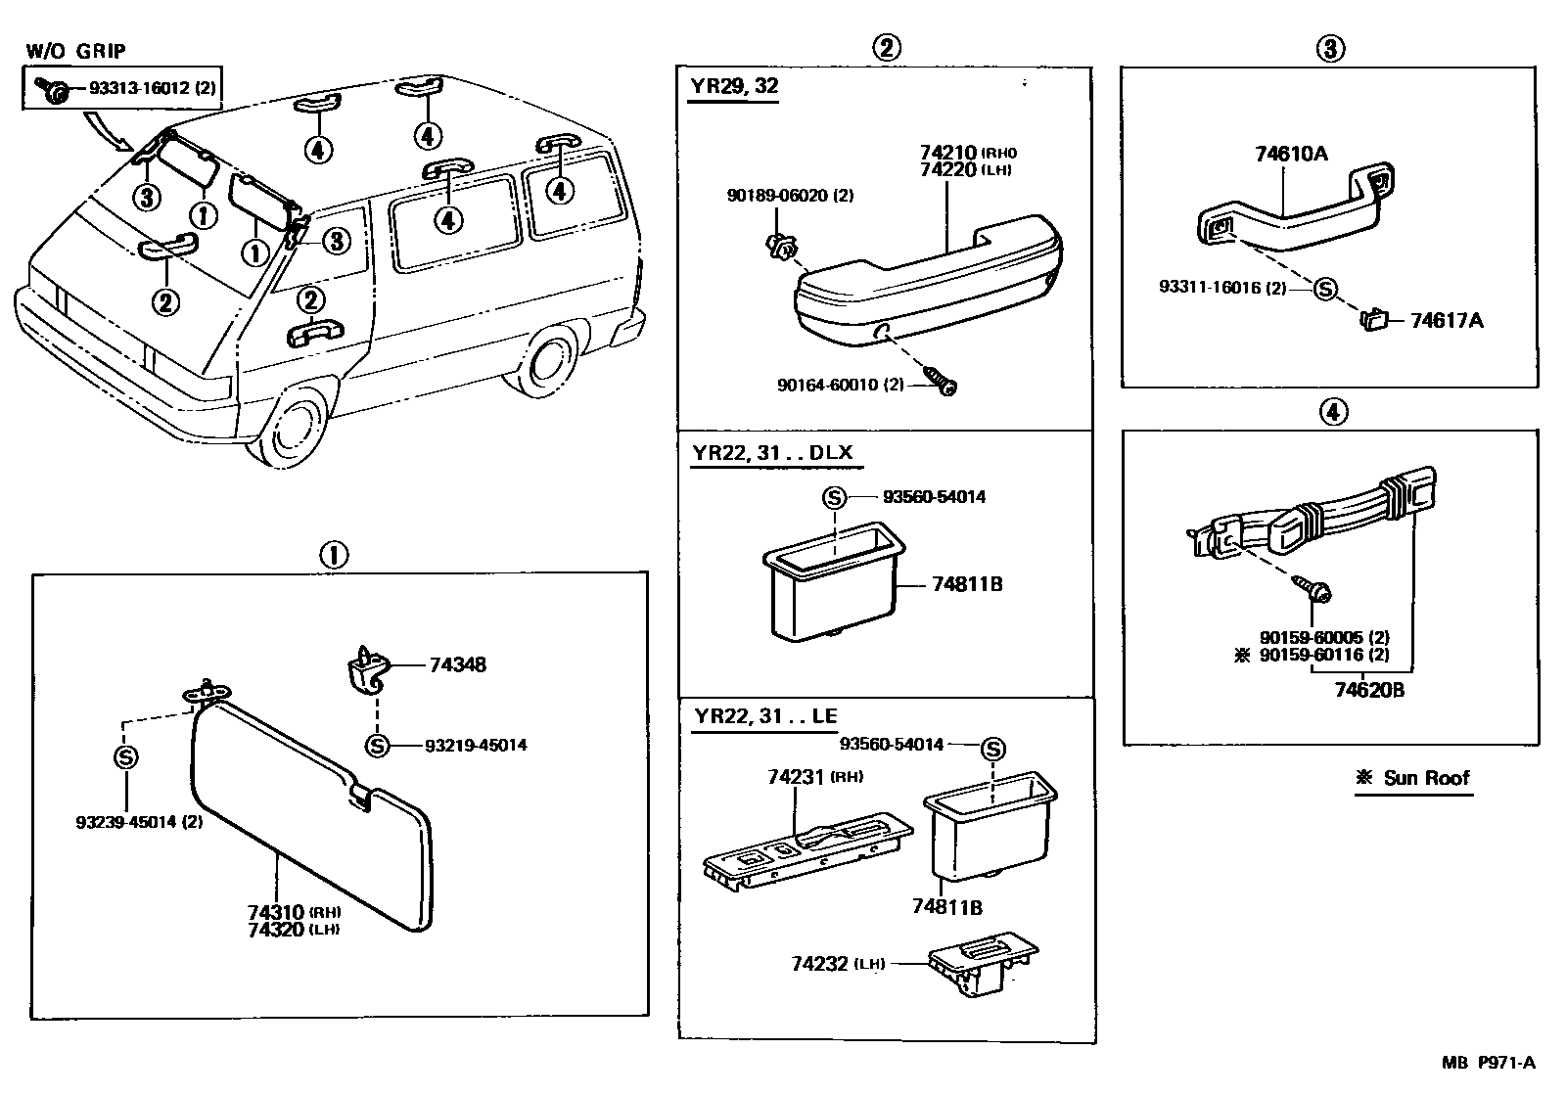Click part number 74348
click(x=457, y=665)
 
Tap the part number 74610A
click(x=1291, y=154)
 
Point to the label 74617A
click(x=1446, y=320)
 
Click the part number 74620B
click(x=1369, y=690)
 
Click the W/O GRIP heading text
click(x=75, y=51)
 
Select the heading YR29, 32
click(x=734, y=86)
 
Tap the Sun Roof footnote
click(x=1413, y=778)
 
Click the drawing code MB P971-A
click(x=1488, y=1063)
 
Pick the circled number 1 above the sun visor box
click(x=333, y=556)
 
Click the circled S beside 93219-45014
click(x=377, y=746)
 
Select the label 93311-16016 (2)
click(x=1222, y=288)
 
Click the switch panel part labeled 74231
click(x=807, y=848)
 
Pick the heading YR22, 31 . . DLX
click(x=773, y=453)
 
